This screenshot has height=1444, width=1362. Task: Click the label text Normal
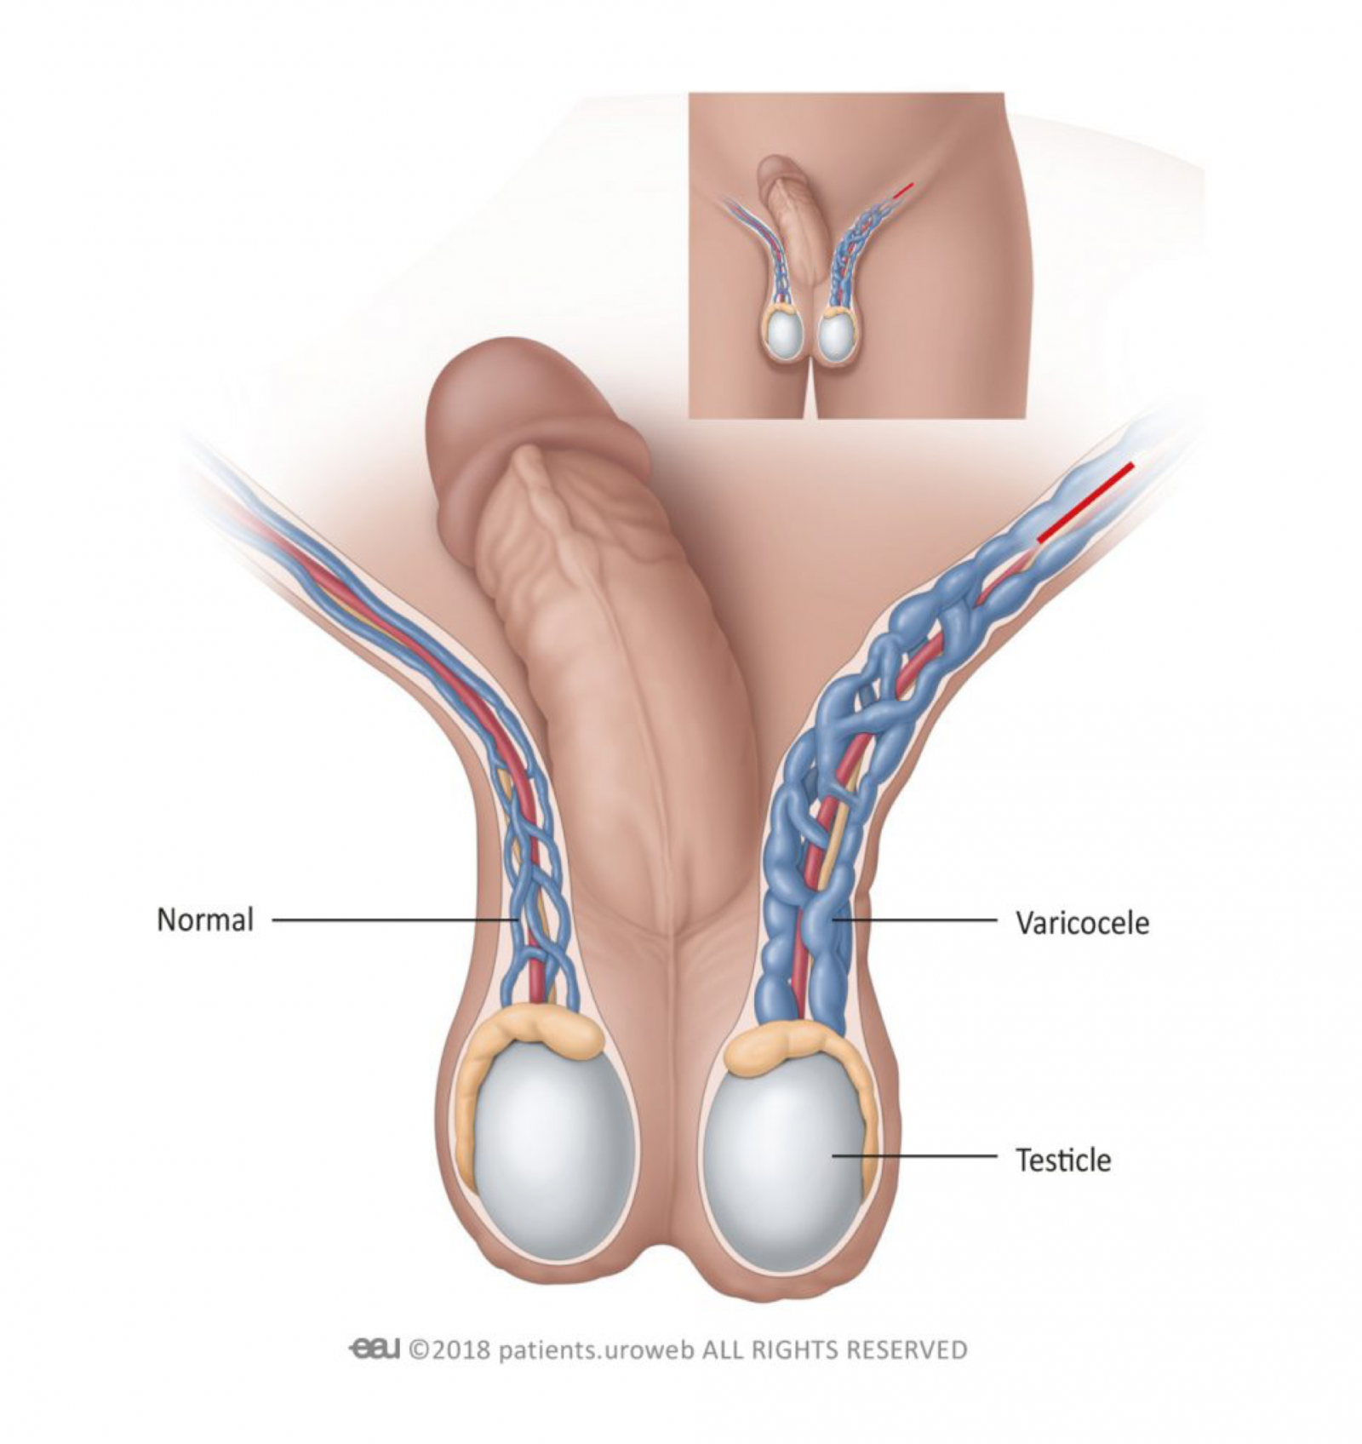tap(205, 920)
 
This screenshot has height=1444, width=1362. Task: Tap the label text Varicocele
tap(1082, 923)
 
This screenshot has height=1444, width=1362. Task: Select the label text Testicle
tap(1063, 1160)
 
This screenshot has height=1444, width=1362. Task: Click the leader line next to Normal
tap(395, 920)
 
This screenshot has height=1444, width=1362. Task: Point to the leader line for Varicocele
tap(914, 920)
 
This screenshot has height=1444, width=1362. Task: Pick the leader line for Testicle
tap(914, 1155)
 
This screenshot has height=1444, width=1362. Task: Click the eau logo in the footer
tap(374, 1349)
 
